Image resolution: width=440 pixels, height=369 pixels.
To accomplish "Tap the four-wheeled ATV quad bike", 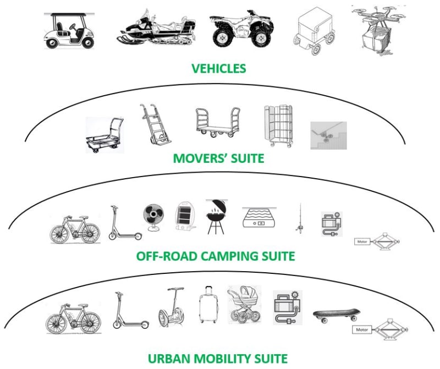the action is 239,28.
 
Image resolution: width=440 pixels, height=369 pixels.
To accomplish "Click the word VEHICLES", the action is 218,69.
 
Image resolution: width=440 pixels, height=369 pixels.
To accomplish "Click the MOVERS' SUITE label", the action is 219,159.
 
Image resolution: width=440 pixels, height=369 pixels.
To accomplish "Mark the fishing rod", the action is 300,218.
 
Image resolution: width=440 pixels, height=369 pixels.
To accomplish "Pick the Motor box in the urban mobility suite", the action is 361,331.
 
